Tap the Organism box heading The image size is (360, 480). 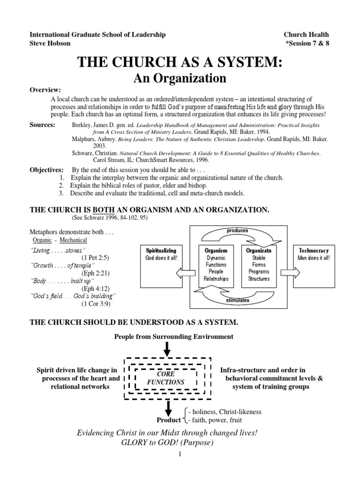click(216, 250)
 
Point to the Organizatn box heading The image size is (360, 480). click(259, 250)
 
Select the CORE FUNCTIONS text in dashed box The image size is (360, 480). click(166, 378)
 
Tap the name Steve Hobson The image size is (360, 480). click(50, 44)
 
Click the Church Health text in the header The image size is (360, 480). click(306, 35)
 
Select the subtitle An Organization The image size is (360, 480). click(180, 78)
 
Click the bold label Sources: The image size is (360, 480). click(43, 125)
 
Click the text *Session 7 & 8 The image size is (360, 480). click(307, 44)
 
